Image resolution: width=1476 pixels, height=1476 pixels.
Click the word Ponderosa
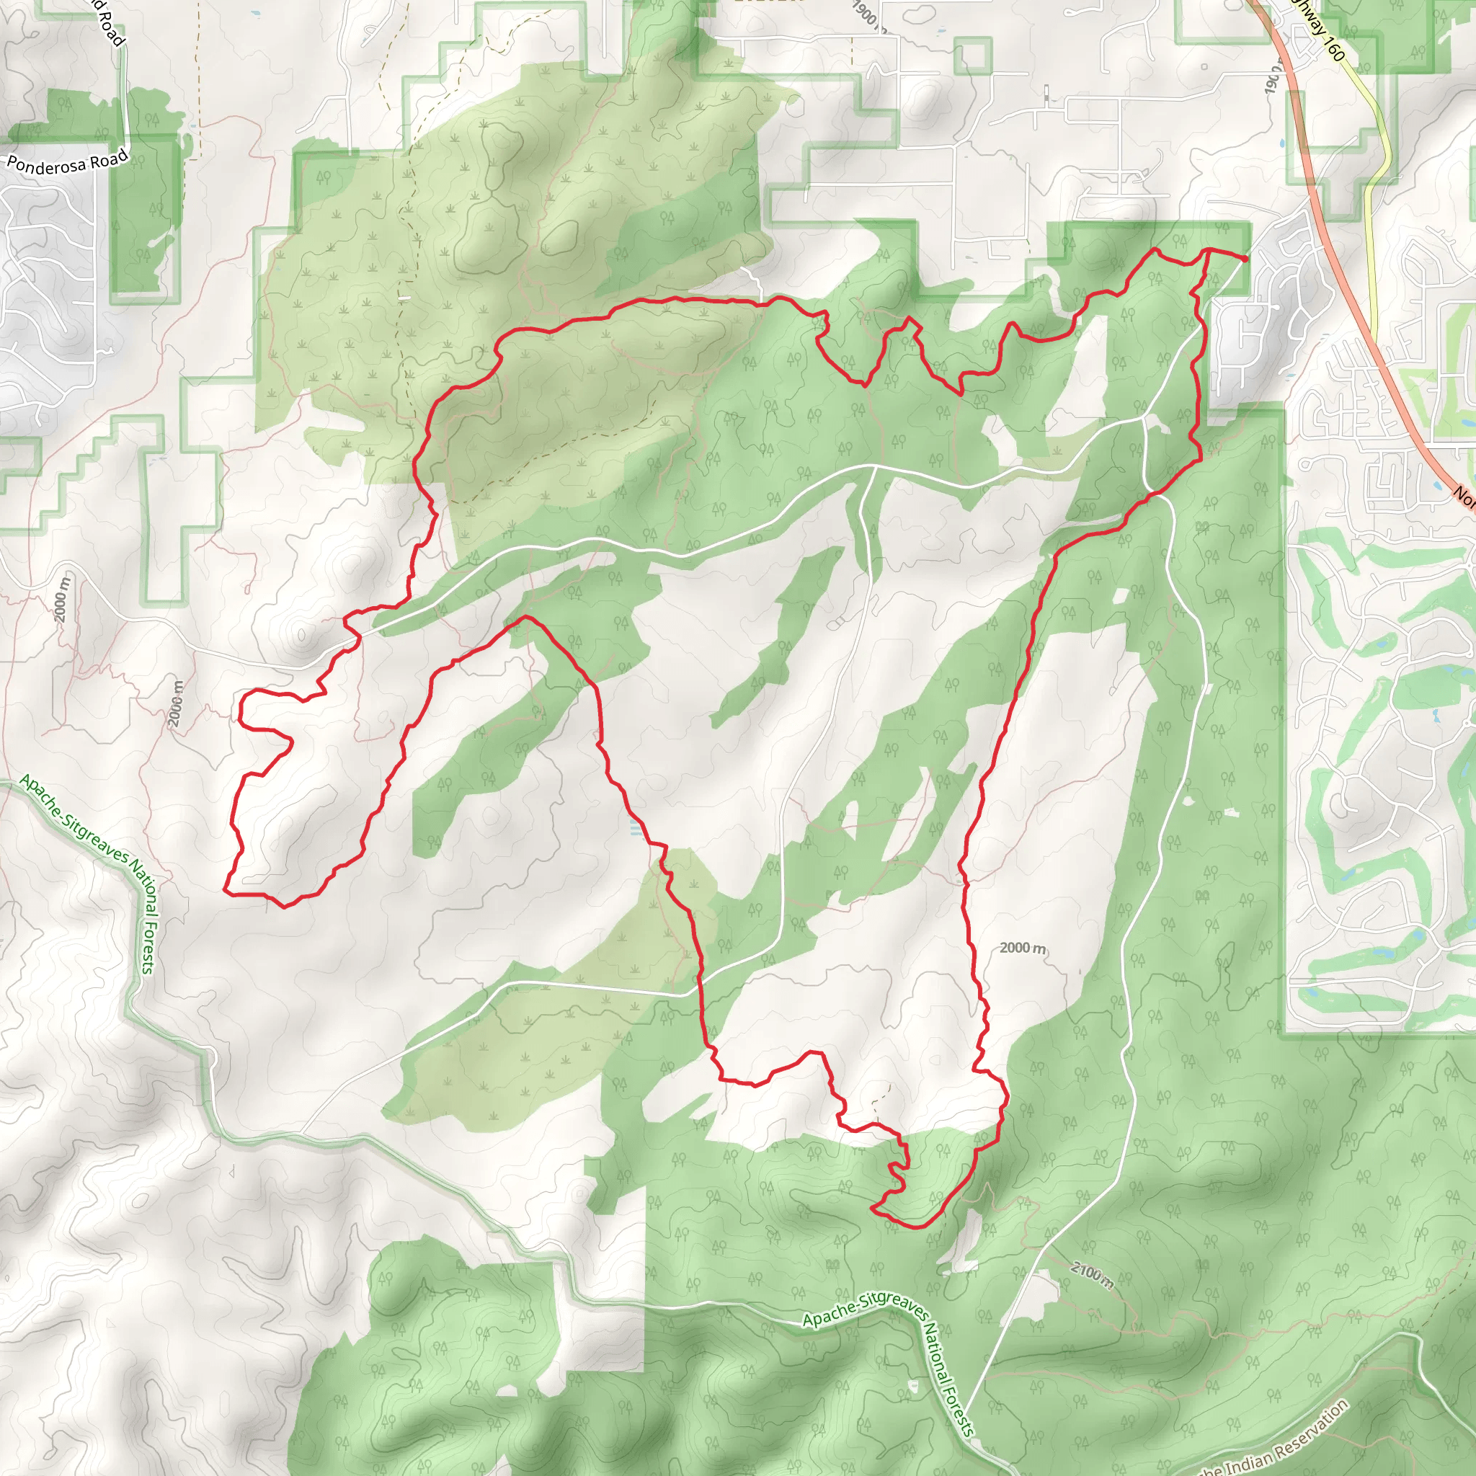pos(48,165)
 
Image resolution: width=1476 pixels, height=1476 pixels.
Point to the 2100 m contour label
pos(1091,1275)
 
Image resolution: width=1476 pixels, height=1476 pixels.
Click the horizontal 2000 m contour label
pos(1022,948)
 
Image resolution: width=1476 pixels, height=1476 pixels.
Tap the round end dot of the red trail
pos(1246,259)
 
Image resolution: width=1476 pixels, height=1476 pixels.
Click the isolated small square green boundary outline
pos(973,55)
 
